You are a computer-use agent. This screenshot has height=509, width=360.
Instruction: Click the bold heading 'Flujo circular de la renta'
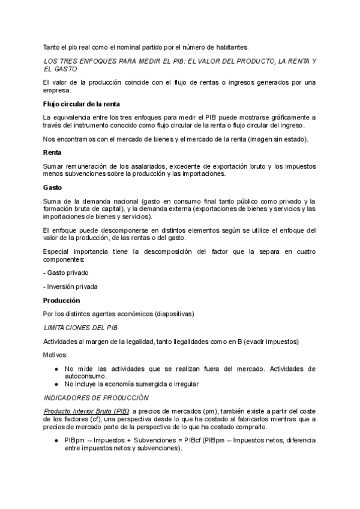click(77, 104)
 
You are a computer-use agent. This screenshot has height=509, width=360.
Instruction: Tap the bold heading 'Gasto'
click(53, 187)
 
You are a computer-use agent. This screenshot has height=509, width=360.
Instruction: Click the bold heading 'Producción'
click(61, 300)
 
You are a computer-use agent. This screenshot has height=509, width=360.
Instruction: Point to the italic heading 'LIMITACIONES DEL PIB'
click(81, 328)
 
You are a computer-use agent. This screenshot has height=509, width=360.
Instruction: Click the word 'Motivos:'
click(56, 355)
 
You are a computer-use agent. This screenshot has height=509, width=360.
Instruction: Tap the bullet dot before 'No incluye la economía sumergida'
click(56, 384)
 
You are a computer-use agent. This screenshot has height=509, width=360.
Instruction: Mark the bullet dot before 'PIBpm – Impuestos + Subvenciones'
click(56, 440)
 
